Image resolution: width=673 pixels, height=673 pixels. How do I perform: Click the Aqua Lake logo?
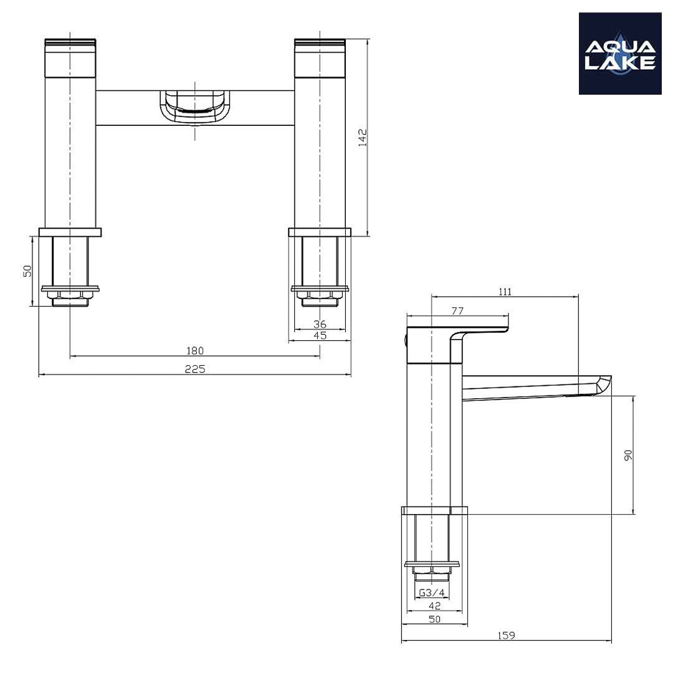619,54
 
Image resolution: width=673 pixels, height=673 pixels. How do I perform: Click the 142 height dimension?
363,137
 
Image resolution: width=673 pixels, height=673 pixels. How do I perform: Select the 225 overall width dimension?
194,368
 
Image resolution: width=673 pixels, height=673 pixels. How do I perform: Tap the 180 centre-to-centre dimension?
194,351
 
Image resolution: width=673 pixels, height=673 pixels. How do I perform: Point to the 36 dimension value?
320,323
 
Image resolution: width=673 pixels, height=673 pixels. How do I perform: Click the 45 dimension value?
320,335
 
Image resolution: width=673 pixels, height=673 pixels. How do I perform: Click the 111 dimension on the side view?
505,291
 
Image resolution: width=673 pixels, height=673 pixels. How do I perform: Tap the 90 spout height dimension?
628,455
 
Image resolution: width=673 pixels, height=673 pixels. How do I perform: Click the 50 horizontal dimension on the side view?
434,619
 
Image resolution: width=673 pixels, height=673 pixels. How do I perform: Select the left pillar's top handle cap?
70,59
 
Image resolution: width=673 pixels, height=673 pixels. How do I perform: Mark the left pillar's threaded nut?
70,297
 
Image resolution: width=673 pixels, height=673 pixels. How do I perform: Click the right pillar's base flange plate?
320,232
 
